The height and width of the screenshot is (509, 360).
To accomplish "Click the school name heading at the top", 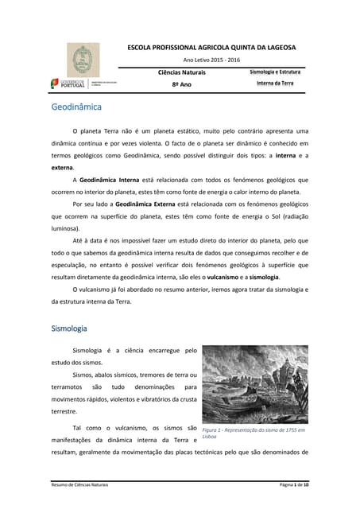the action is (211, 47).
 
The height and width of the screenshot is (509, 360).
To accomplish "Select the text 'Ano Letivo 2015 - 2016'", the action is (211, 60).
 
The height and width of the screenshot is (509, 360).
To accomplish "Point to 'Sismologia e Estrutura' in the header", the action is (275, 72).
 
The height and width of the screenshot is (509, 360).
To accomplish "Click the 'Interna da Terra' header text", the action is (275, 84).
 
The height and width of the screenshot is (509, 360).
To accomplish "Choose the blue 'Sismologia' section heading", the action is (69, 328).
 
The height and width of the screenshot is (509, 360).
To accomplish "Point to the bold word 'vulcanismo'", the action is (228, 276).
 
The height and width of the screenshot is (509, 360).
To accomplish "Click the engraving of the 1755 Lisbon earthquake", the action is (254, 384).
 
